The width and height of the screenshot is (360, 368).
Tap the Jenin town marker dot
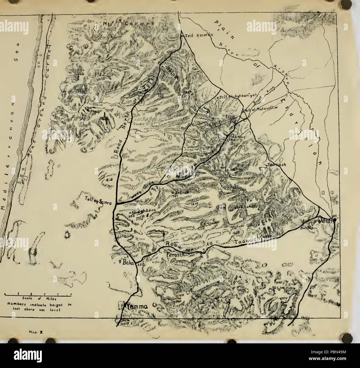335,219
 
